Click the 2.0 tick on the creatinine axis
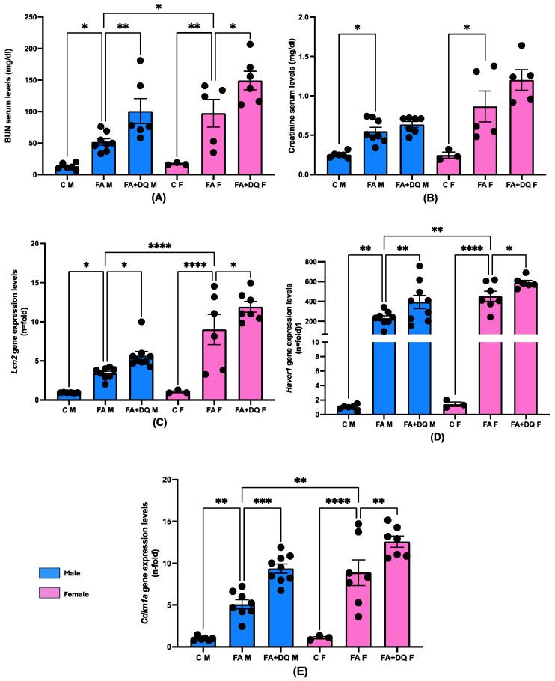316,17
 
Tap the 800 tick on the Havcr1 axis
334,263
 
